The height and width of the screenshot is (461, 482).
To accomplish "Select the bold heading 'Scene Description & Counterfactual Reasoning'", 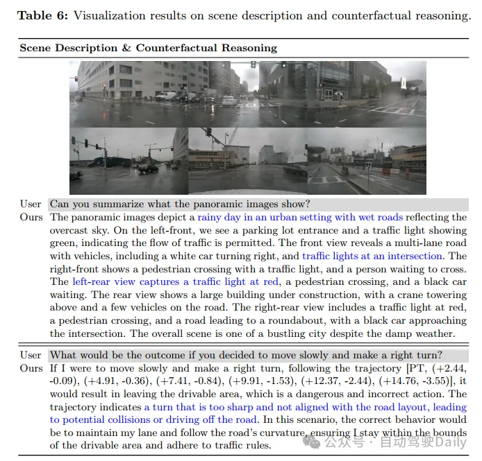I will click(x=148, y=48).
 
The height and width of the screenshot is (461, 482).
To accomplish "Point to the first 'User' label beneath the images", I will click(x=31, y=204).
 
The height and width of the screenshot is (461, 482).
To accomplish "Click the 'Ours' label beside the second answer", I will click(x=31, y=368).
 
